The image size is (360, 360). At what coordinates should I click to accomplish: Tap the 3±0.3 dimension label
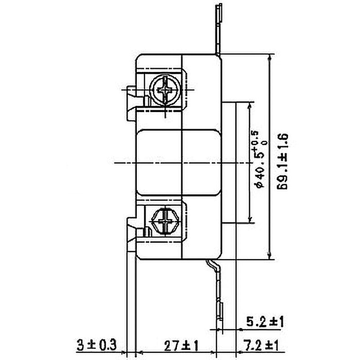click(95, 346)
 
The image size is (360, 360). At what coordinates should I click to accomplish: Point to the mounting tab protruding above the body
click(219, 27)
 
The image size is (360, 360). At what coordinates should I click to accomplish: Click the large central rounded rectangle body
click(178, 162)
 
